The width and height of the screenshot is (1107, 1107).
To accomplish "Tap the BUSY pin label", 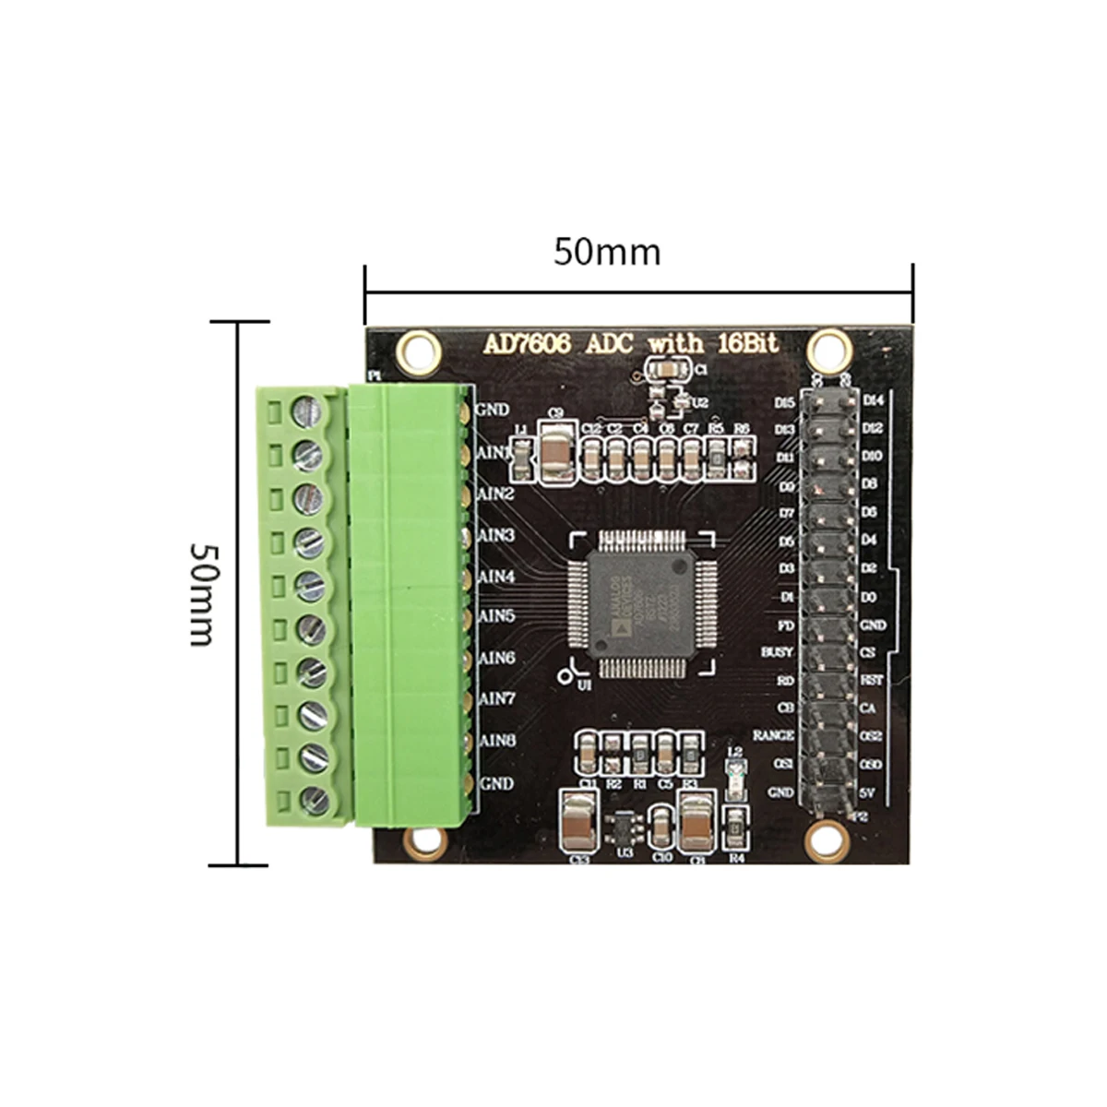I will click(777, 652).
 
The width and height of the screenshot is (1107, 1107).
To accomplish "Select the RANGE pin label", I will click(773, 735).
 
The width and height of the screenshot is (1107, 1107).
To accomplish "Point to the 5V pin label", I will click(867, 792).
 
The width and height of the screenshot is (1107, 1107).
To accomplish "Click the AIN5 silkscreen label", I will click(497, 615).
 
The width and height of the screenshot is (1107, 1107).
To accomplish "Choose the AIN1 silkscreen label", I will click(494, 453).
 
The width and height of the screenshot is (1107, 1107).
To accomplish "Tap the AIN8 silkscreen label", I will click(497, 740).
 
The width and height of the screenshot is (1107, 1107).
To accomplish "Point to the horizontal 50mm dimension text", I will click(607, 252).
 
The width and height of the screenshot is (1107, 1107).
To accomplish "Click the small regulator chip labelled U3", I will click(623, 825).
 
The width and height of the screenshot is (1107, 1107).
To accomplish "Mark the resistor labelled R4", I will click(736, 830).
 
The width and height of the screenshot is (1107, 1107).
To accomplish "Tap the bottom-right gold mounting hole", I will click(826, 839).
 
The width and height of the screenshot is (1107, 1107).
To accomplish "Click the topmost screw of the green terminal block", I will click(306, 410).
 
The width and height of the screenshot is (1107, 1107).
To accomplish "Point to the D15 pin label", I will click(785, 403).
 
